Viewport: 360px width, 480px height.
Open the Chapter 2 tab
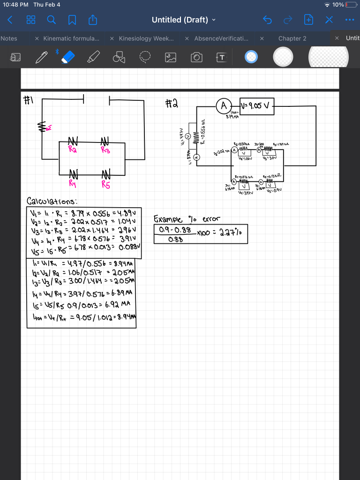[292, 38]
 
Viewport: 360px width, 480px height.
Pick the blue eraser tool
[68, 56]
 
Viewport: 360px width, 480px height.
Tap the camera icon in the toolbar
[196, 57]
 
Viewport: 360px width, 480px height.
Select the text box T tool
[221, 57]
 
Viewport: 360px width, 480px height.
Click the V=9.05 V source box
[256, 105]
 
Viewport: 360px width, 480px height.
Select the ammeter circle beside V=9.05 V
[224, 105]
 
